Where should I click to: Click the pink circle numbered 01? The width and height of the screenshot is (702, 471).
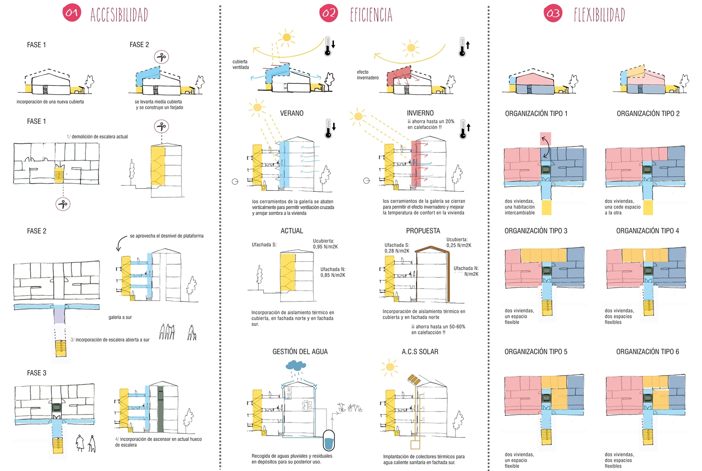[x=72, y=13]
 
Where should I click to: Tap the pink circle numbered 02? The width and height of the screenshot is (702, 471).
[x=328, y=13]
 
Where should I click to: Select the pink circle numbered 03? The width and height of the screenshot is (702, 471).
[x=553, y=13]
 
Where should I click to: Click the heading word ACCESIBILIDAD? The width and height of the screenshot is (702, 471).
[x=119, y=15]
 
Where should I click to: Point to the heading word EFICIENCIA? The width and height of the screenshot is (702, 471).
[x=371, y=15]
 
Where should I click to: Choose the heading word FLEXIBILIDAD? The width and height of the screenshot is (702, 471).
[x=599, y=15]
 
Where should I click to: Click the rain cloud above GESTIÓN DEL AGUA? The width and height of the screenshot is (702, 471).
[x=296, y=365]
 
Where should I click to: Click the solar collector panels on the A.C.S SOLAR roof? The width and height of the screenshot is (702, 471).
[x=414, y=380]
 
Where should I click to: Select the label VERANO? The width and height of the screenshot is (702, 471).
[x=292, y=113]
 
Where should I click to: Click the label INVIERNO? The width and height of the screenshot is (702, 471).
[x=420, y=113]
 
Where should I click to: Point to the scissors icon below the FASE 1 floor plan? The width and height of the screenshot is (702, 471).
[x=63, y=204]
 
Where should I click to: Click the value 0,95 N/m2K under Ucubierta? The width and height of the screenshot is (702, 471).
[x=325, y=247]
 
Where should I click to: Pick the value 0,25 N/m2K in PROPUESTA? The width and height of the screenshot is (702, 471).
[x=459, y=245]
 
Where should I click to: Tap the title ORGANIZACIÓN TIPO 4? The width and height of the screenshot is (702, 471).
[x=647, y=231]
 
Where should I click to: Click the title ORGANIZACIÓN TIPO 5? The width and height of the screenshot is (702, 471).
[x=536, y=352]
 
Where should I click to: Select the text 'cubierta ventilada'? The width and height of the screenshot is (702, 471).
[x=241, y=65]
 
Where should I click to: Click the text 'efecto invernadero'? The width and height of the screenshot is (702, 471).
[x=367, y=75]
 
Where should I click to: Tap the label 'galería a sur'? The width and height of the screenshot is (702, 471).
[x=120, y=317]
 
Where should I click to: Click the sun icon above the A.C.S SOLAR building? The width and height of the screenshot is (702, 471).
[x=390, y=367]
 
